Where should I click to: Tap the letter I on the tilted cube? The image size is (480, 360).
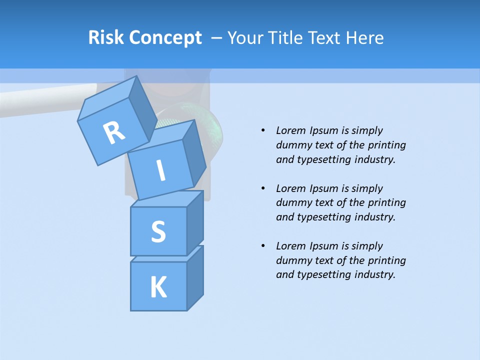point(161,170)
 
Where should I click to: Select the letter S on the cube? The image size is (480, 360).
point(158,231)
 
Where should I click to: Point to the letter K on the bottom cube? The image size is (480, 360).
point(158,287)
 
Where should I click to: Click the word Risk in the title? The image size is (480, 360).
point(105,37)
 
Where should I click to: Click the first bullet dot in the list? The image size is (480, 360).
point(263,130)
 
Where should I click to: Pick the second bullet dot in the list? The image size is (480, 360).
point(263,188)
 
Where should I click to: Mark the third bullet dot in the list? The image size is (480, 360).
point(263,246)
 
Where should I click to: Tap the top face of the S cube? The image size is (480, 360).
point(167,199)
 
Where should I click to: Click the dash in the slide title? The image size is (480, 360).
point(217,37)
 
